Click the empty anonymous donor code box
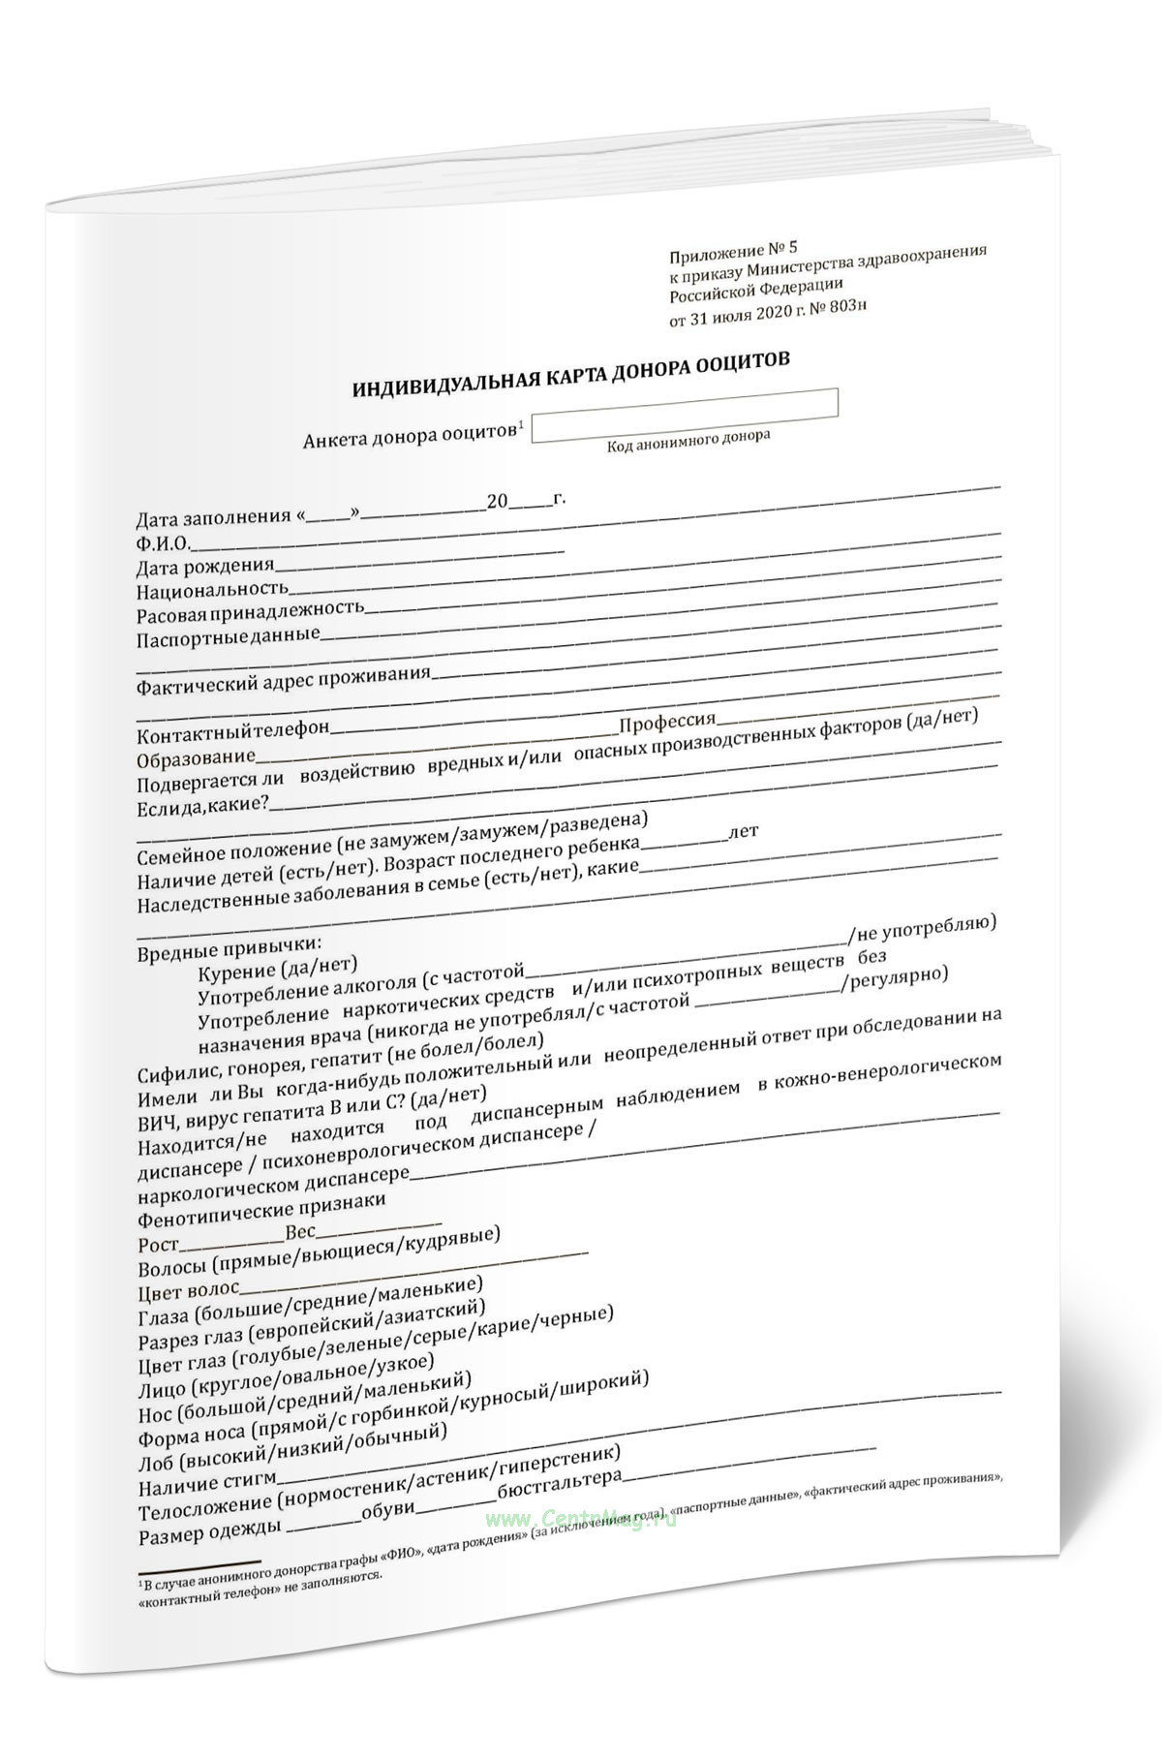click(685, 415)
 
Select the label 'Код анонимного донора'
click(688, 442)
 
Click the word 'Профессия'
click(667, 722)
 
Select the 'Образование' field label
click(197, 757)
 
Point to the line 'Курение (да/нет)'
click(277, 969)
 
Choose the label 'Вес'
click(300, 1235)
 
